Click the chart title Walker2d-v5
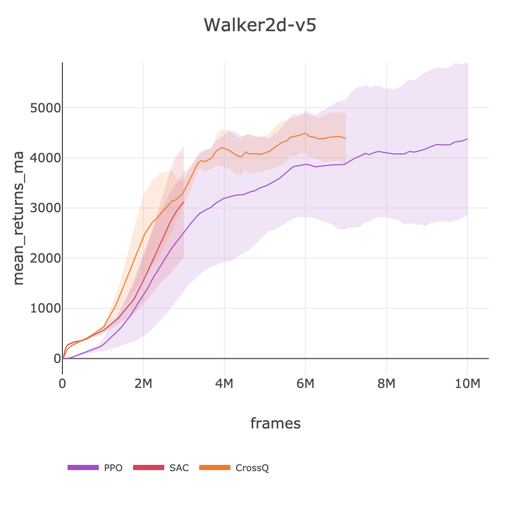pyautogui.click(x=259, y=25)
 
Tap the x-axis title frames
pyautogui.click(x=275, y=423)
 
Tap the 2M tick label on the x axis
pyautogui.click(x=143, y=384)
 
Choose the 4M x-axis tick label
pyautogui.click(x=224, y=384)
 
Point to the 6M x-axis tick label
pyautogui.click(x=305, y=384)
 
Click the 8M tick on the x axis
pyautogui.click(x=386, y=384)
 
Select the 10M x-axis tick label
pyautogui.click(x=467, y=384)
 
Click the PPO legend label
pyautogui.click(x=113, y=468)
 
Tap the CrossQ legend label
pyautogui.click(x=252, y=468)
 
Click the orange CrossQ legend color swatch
pyautogui.click(x=215, y=468)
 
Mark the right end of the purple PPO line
pyautogui.click(x=467, y=139)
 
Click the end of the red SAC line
pyautogui.click(x=184, y=202)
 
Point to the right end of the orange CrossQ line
pyautogui.click(x=346, y=138)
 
